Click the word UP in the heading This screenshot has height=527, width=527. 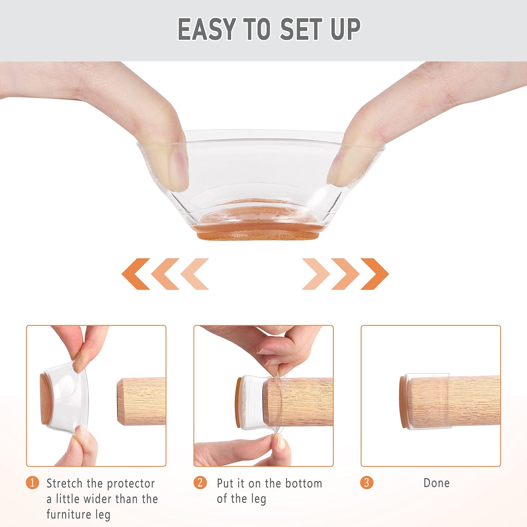(345, 29)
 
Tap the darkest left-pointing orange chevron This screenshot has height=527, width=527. (136, 274)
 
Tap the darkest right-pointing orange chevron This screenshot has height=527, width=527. (375, 274)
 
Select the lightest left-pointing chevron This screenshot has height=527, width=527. (194, 274)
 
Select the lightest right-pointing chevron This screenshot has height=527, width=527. (316, 274)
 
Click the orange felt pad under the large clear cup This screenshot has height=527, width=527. (258, 235)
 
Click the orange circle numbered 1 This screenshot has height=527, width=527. (32, 483)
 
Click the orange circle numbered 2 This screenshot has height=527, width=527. (200, 483)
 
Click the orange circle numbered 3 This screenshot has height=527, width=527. (367, 483)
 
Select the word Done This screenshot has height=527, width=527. (436, 483)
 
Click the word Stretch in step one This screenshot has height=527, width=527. (65, 483)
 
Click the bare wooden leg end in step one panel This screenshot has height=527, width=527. (140, 402)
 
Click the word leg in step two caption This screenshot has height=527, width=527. (258, 499)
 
